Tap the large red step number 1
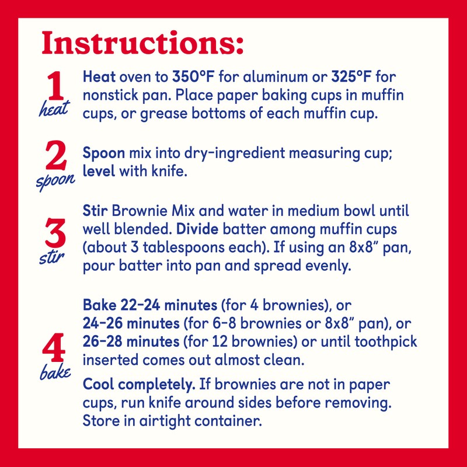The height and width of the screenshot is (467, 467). pos(55,88)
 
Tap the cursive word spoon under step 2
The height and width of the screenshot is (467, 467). pos(56,180)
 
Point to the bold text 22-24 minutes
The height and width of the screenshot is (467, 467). pos(168,305)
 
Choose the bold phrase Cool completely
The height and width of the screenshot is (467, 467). pos(139,385)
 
